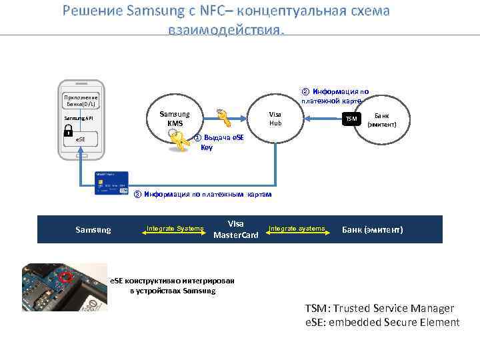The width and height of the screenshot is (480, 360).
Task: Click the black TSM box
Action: [x=351, y=119]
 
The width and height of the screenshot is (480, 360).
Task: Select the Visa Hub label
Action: [x=275, y=119]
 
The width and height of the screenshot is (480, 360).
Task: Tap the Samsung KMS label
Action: [x=175, y=119]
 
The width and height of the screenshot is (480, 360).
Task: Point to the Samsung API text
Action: [x=79, y=118]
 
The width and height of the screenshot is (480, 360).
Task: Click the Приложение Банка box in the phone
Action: [x=80, y=101]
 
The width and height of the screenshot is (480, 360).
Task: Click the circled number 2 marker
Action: [x=305, y=91]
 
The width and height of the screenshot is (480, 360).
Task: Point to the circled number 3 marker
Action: [x=137, y=194]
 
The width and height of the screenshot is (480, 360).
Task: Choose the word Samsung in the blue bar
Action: [x=93, y=229]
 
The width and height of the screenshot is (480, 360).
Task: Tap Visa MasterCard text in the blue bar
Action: [x=235, y=229]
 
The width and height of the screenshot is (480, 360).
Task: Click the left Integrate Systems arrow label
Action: [x=175, y=229]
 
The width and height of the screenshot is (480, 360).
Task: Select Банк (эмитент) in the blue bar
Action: [x=372, y=229]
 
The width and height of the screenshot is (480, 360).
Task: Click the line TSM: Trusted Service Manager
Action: [x=379, y=309]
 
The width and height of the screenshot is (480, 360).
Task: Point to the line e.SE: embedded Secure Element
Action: [x=382, y=323]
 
